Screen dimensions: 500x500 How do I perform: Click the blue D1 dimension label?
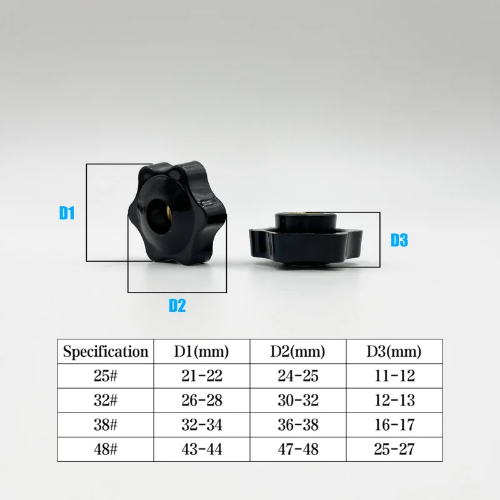67,212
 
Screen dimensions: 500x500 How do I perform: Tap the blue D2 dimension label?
177,305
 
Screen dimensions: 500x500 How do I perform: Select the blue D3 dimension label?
399,240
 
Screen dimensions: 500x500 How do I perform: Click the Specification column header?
106,352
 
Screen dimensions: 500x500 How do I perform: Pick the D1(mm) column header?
201,351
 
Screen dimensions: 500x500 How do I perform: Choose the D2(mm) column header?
298,351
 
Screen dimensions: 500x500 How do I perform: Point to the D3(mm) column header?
394,351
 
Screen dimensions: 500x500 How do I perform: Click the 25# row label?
106,376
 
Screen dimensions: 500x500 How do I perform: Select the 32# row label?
106,400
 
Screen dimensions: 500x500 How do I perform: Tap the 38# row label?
106,425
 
